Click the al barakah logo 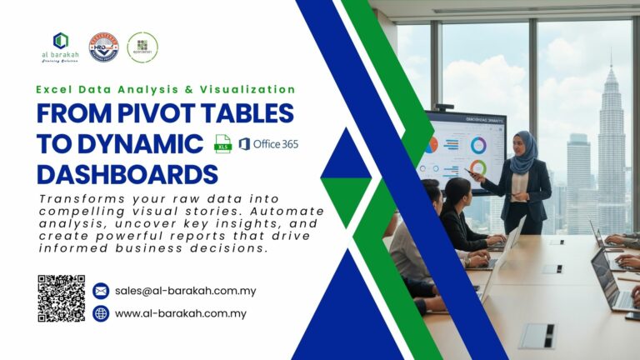pyautogui.click(x=61, y=47)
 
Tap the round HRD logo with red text pyautogui.click(x=103, y=47)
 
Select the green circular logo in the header pyautogui.click(x=142, y=47)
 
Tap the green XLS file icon pyautogui.click(x=222, y=143)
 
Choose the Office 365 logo pyautogui.click(x=268, y=143)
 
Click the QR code pyautogui.click(x=61, y=298)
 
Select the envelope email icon pyautogui.click(x=101, y=291)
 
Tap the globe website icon pyautogui.click(x=101, y=313)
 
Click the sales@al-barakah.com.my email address pyautogui.click(x=185, y=291)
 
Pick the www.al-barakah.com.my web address pyautogui.click(x=180, y=313)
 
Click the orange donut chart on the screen pyautogui.click(x=431, y=144)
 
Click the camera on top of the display pyautogui.click(x=444, y=107)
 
